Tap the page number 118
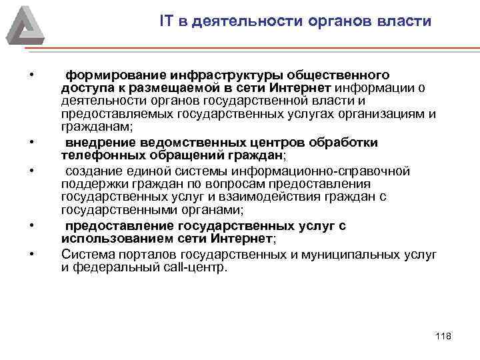tap(443, 335)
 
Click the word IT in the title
tap(166, 21)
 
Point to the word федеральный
tap(109, 267)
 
